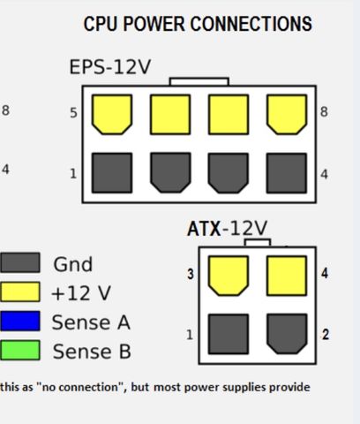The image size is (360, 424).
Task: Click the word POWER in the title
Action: (156, 24)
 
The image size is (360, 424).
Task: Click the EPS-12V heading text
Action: (110, 67)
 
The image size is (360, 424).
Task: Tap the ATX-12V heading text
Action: (227, 228)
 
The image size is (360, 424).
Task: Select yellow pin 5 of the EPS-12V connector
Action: (112, 115)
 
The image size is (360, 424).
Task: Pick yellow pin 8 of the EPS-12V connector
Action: (287, 115)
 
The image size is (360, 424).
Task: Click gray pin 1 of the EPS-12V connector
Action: (112, 173)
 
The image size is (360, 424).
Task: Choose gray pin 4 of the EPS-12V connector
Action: (287, 173)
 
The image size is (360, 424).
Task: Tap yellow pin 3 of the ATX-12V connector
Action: (229, 276)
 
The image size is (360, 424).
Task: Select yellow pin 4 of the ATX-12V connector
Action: (287, 276)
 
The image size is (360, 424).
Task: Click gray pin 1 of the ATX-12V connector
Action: (229, 334)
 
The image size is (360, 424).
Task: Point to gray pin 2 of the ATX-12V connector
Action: (287, 334)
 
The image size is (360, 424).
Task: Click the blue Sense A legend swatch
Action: (20, 321)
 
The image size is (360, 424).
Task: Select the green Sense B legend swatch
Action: (20, 350)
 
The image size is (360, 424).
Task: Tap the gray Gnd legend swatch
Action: (20, 262)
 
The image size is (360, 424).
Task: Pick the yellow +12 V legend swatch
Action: (20, 291)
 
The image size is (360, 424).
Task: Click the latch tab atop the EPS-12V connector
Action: (199, 81)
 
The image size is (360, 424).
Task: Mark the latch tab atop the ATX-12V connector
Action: (258, 243)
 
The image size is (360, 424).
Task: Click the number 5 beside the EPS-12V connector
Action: (73, 113)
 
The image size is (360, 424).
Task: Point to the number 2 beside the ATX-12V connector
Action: (325, 335)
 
